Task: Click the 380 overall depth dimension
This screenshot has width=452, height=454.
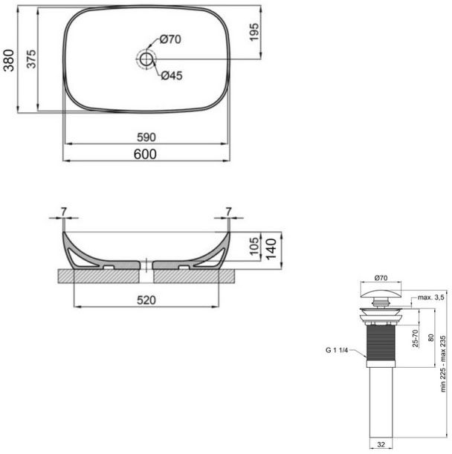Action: pos(10,62)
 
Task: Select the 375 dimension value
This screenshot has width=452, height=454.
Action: pos(32,62)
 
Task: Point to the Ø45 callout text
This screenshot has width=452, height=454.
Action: pos(172,75)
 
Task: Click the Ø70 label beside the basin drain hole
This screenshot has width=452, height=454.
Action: pos(170,39)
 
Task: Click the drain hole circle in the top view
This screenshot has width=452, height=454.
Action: pos(146,57)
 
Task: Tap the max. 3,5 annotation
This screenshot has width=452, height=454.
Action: pos(430,297)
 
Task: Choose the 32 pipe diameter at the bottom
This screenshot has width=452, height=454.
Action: pos(381,446)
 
